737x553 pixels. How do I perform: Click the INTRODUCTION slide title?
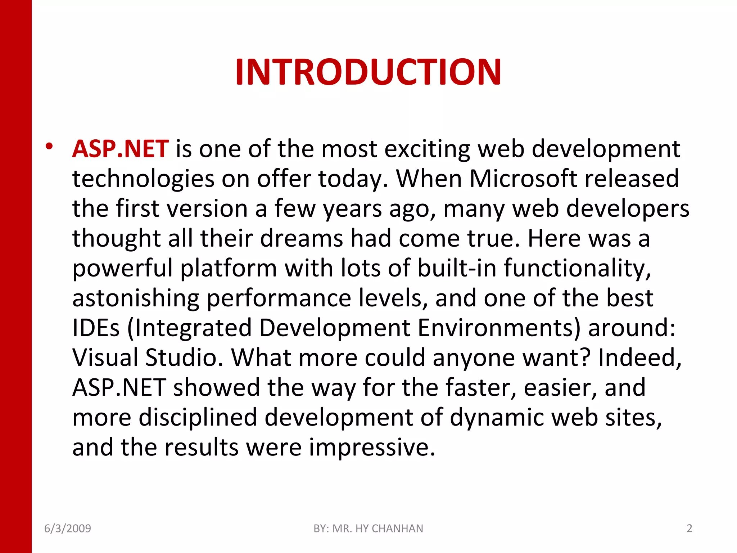(368, 72)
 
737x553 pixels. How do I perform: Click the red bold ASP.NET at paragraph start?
(120, 149)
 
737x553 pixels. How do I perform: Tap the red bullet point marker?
(49, 146)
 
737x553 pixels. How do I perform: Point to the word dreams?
(301, 238)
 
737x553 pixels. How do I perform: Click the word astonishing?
(136, 298)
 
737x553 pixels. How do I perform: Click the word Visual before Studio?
(105, 358)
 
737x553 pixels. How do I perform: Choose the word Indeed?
(640, 358)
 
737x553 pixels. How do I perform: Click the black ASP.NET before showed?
(119, 387)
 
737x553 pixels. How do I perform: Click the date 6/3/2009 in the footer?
(68, 529)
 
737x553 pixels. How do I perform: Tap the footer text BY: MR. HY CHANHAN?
(368, 529)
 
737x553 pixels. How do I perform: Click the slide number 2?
(689, 529)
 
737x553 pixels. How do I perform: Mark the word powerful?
(122, 269)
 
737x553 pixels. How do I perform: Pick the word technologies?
(143, 179)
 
